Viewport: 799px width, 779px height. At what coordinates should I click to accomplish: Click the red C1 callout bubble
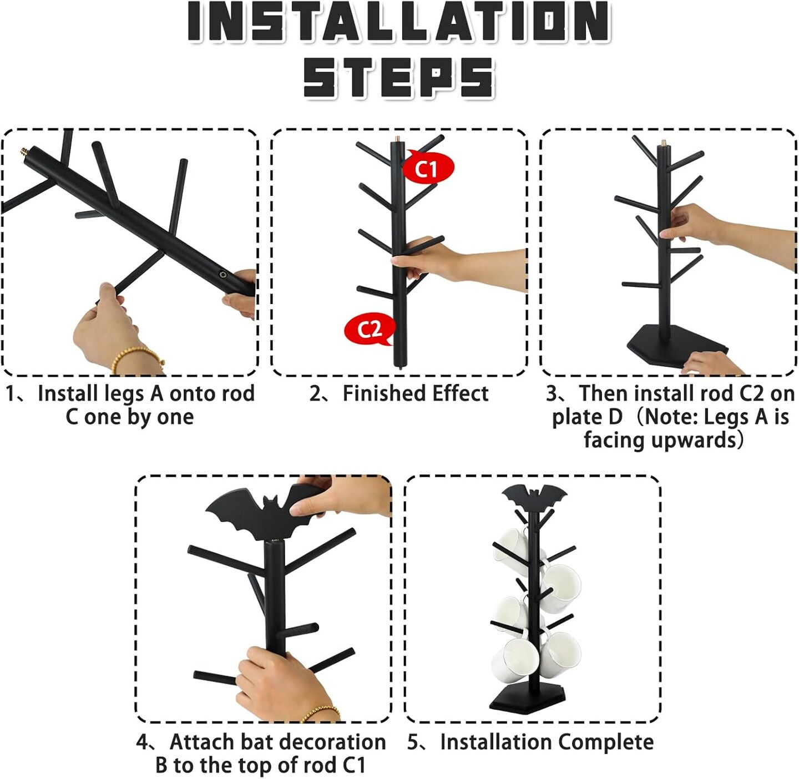[428, 168]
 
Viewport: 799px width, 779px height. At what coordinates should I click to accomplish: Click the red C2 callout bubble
[370, 329]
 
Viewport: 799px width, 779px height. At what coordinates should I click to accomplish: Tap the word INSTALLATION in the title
[399, 22]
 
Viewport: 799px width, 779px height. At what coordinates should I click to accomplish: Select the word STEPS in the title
[399, 77]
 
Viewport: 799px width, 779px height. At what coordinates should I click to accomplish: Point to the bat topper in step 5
[534, 497]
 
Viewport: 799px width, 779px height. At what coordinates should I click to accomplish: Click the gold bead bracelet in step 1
[138, 359]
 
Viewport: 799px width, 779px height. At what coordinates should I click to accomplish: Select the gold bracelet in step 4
[321, 714]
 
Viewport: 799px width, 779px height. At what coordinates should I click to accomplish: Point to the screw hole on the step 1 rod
[224, 274]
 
